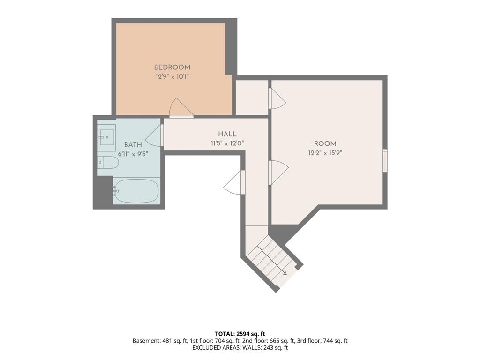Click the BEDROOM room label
tap(172, 67)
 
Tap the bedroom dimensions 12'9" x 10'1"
tap(172, 76)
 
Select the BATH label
tap(133, 145)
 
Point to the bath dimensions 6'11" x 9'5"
tap(133, 154)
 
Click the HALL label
tap(227, 134)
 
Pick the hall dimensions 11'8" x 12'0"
tap(227, 143)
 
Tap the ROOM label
tap(325, 143)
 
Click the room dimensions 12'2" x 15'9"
tap(325, 153)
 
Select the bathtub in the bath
tap(136, 191)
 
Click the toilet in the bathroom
tap(108, 162)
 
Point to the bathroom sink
tap(107, 135)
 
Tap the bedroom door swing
tap(180, 108)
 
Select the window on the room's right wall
tap(385, 161)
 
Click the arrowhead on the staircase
tap(285, 273)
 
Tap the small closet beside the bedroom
tap(252, 97)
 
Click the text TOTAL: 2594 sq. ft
tap(240, 334)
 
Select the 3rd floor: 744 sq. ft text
tap(322, 341)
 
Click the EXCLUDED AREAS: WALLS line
tap(240, 347)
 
